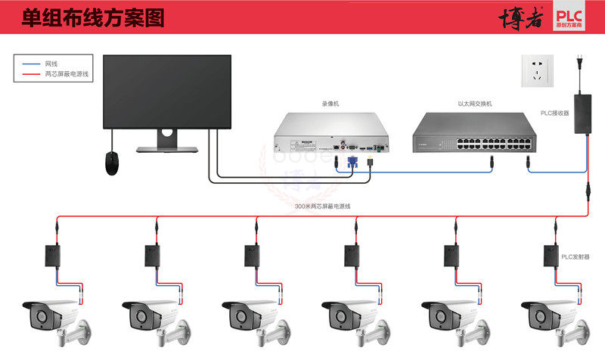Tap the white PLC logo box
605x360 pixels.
pos(576,18)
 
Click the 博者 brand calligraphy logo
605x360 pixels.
pos(521,19)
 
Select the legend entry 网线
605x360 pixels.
pos(51,64)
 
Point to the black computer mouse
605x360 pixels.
pos(113,163)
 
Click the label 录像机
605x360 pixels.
pos(330,104)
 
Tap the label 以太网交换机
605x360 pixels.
pos(475,104)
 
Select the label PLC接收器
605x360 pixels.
pos(554,113)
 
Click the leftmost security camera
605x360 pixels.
pos(57,318)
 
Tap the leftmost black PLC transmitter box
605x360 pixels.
pos(54,256)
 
